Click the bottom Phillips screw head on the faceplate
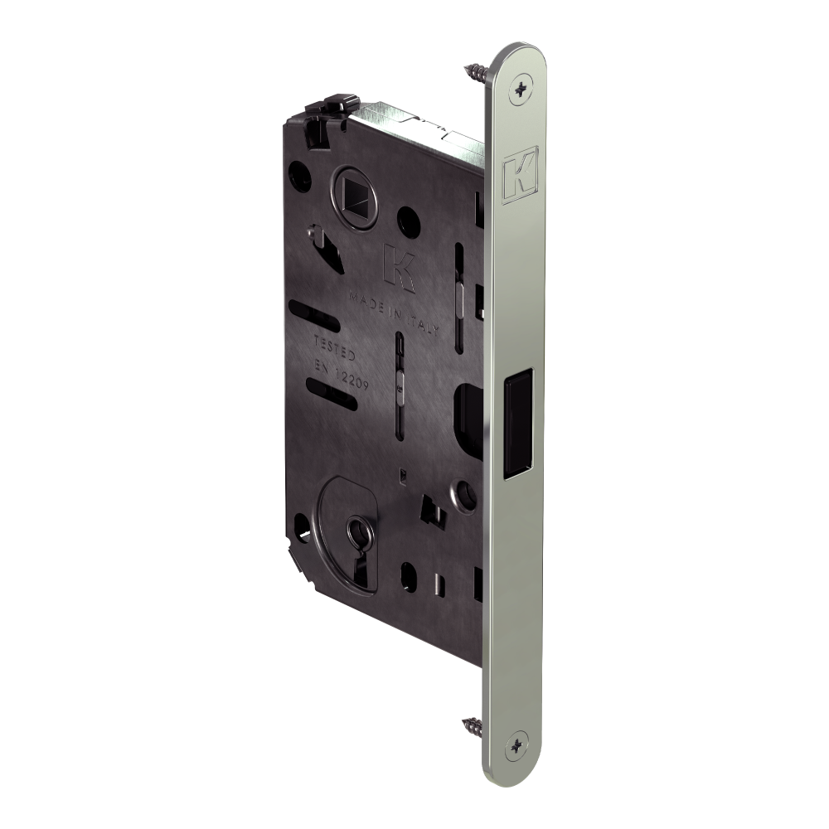[x=517, y=745]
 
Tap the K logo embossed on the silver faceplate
[x=521, y=173]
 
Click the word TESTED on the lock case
[x=335, y=348]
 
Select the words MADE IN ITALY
[x=394, y=314]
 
